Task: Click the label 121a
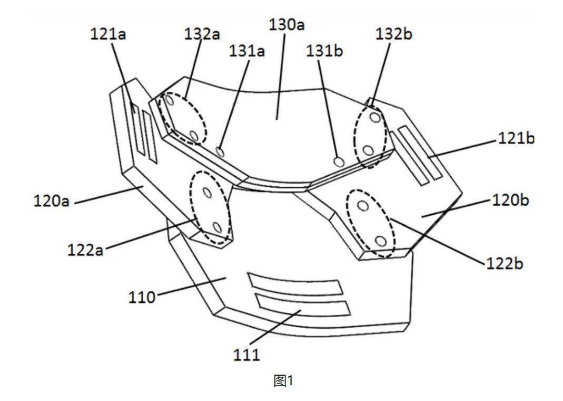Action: (x=108, y=35)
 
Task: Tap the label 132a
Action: (x=202, y=34)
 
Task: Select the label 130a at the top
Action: (x=287, y=25)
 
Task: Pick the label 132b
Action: (x=394, y=34)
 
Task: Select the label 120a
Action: (x=52, y=201)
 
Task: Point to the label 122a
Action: (x=85, y=250)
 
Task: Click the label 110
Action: (x=142, y=297)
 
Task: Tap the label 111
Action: (x=247, y=355)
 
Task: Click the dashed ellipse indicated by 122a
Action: (x=211, y=208)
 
